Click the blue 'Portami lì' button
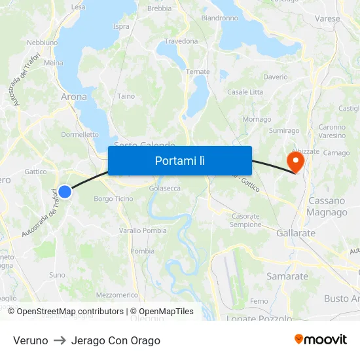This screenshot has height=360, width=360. pos(180,160)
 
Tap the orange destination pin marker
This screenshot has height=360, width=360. pos(295,161)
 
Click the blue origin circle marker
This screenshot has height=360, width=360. pos(64,191)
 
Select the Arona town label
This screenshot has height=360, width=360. pos(73,97)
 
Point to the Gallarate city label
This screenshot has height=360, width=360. pos(296,233)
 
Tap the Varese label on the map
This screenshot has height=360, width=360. pos(327,19)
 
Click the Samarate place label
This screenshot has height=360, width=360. pos(287,276)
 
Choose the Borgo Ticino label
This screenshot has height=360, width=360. pos(113,199)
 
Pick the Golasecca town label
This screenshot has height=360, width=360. pos(165,188)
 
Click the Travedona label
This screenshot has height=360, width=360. pos(181,41)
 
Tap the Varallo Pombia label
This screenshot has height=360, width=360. pos(143,230)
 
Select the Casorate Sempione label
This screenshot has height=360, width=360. pos(245,220)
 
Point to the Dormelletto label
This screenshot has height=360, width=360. pos(79,135)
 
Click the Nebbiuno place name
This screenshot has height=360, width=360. pos(43,43)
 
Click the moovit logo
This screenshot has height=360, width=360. pos(320,340)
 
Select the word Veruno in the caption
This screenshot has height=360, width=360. pos(31,340)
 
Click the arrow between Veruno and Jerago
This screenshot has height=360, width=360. pos(60,340)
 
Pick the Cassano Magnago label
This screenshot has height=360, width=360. pos(327,206)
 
